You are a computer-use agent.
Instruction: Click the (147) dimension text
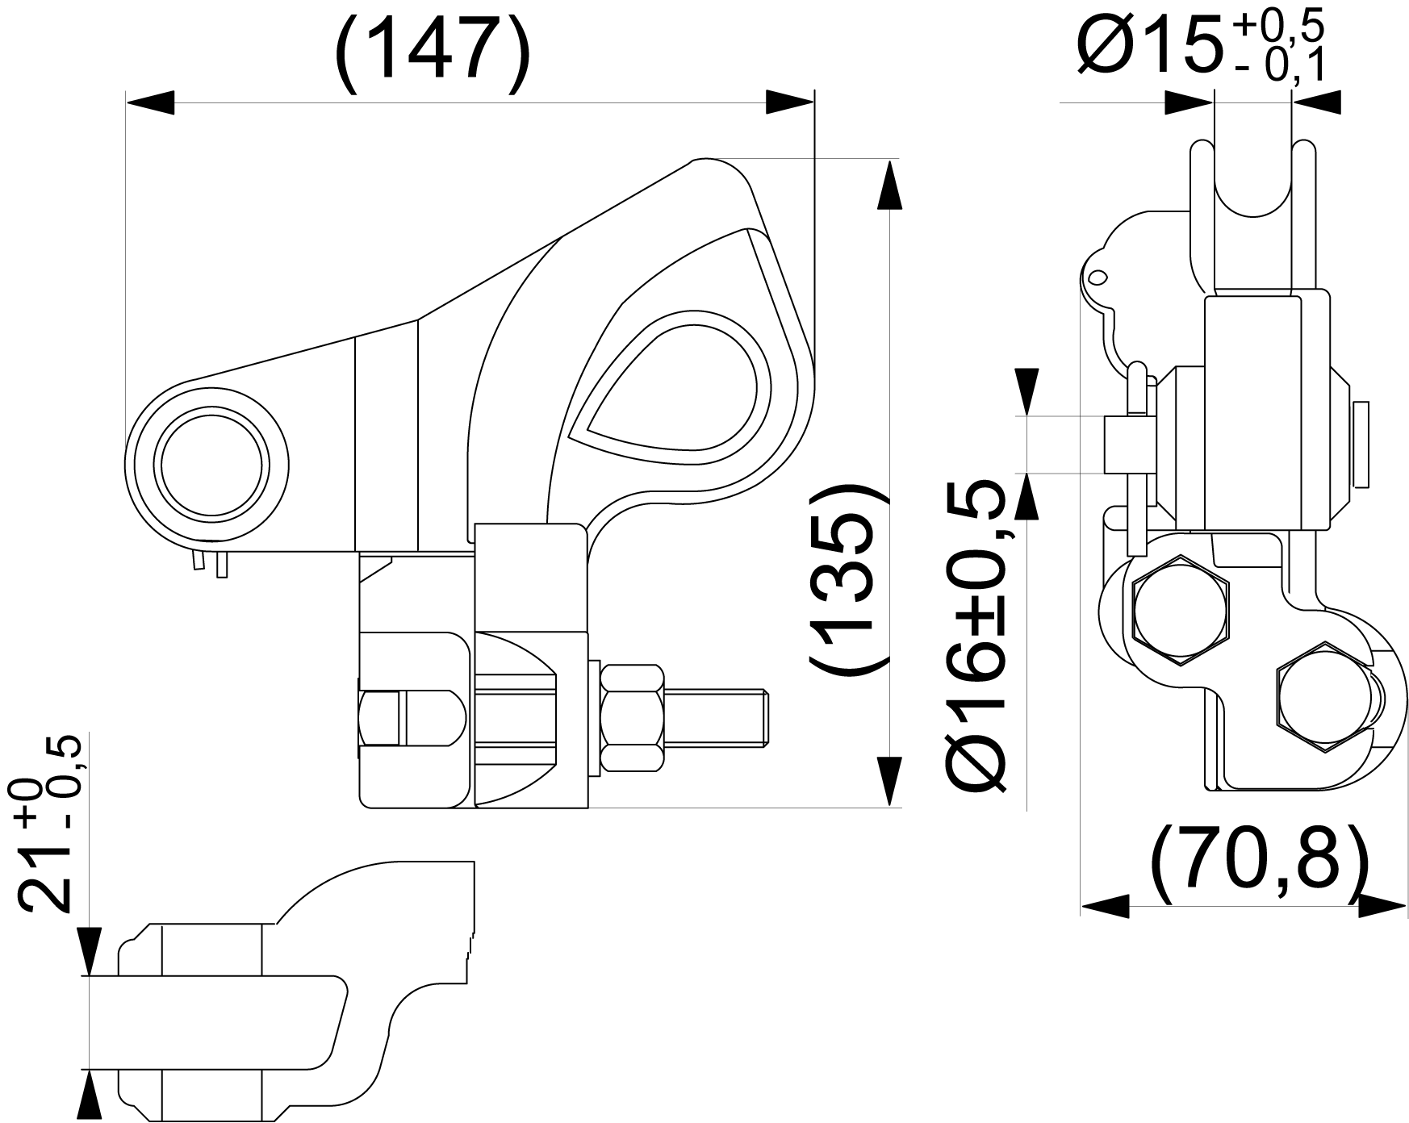pyautogui.click(x=433, y=50)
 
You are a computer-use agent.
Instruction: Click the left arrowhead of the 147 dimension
pyautogui.click(x=150, y=102)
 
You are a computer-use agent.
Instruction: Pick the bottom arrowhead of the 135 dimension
pyautogui.click(x=889, y=781)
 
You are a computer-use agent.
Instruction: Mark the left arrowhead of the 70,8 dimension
pyautogui.click(x=1105, y=905)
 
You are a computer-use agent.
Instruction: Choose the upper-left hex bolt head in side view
pyautogui.click(x=1180, y=609)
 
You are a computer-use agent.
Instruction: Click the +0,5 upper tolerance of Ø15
pyautogui.click(x=1278, y=29)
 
